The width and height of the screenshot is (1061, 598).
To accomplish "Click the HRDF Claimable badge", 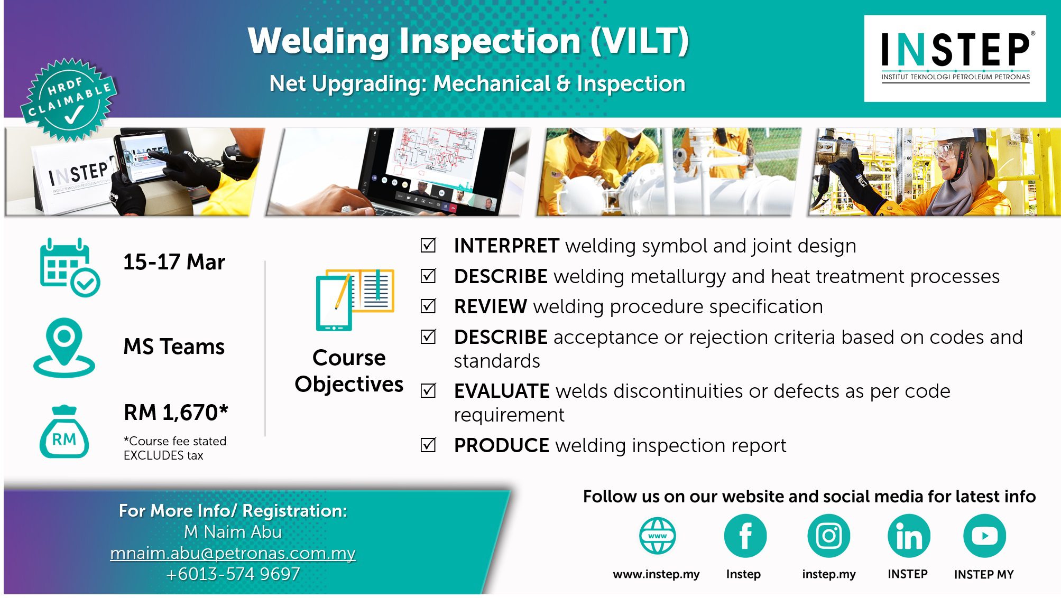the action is pos(68,99).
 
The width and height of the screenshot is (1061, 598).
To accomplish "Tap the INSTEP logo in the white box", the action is pos(955,57).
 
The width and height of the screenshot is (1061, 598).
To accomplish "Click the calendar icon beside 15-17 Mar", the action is pos(69,267).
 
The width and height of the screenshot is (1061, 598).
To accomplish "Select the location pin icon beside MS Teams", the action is pos(64,347).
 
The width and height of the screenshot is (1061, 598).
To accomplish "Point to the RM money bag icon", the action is pos(64,432).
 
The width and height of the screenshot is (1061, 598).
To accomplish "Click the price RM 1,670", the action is pos(176,413).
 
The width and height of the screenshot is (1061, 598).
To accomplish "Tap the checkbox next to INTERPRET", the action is pos(428,245).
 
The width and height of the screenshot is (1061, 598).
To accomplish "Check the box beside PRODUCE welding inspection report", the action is pos(428,445).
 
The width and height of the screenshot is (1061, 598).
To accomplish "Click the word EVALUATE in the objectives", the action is pos(502,391).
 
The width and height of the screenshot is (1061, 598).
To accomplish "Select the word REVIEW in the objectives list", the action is pos(490,306).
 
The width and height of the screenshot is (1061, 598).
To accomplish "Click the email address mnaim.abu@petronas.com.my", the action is pos(233,553).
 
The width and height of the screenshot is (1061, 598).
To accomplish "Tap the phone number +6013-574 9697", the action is pos(233,574).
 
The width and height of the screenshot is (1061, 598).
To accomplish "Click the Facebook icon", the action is pos(745,536).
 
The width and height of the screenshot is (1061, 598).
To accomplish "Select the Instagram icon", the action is pos(828,536).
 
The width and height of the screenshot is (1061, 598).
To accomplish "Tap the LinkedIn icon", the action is pos(909,536).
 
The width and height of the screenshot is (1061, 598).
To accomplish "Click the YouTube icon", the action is pos(984,536).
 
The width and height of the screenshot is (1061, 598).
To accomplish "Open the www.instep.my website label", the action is pos(656,574).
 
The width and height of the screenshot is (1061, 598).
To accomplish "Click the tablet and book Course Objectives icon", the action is pos(355,300).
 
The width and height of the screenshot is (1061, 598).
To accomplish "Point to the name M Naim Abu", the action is pos(233,532).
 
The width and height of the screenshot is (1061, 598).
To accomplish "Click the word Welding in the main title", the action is pos(319,41).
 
